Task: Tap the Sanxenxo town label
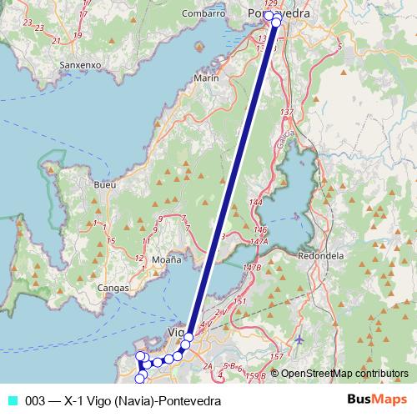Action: [x=81, y=63]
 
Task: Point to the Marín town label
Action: [x=205, y=78]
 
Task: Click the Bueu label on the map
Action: [x=106, y=184]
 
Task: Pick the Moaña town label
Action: [x=166, y=260]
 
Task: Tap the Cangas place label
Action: [x=113, y=288]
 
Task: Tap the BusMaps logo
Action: [x=382, y=400]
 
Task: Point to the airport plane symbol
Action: [x=299, y=340]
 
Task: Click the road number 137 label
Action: [x=288, y=112]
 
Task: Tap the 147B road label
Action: [x=253, y=267]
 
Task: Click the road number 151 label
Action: [x=240, y=299]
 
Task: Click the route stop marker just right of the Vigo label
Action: [x=188, y=337]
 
